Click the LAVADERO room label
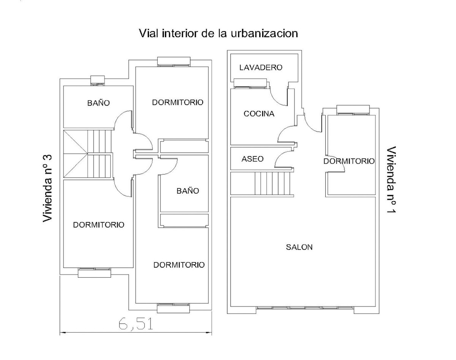click(x=261, y=68)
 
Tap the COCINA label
click(x=259, y=114)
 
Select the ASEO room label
click(x=252, y=159)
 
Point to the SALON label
click(x=299, y=247)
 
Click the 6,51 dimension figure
click(x=136, y=324)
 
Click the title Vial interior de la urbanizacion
click(x=218, y=33)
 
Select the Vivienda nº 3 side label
click(x=47, y=188)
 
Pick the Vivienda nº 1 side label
click(x=391, y=180)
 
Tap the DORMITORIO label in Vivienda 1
click(x=349, y=161)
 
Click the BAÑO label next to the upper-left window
click(x=98, y=103)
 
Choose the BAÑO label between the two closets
click(x=188, y=191)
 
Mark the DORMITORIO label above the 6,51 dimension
click(x=179, y=265)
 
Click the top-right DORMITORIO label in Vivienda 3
click(x=178, y=103)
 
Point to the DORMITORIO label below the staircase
click(x=98, y=225)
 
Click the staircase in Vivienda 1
click(x=262, y=183)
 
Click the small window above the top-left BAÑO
click(x=98, y=81)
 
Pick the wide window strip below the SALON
click(x=305, y=308)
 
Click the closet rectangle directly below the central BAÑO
click(x=184, y=220)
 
